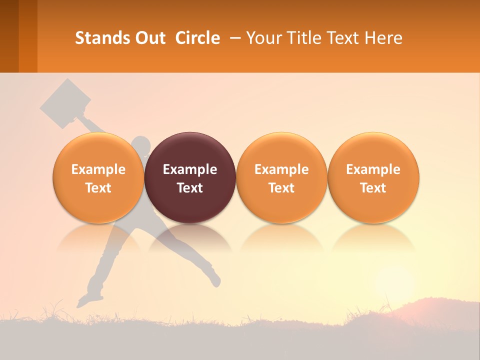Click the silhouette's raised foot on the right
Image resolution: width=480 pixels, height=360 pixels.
coord(215,280)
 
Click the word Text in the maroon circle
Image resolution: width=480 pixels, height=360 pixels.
coord(190,188)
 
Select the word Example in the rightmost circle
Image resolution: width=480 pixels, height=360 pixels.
coord(373,169)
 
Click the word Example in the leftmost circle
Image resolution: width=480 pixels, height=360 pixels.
coord(98,169)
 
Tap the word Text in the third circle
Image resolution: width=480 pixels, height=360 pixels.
coord(281,188)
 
